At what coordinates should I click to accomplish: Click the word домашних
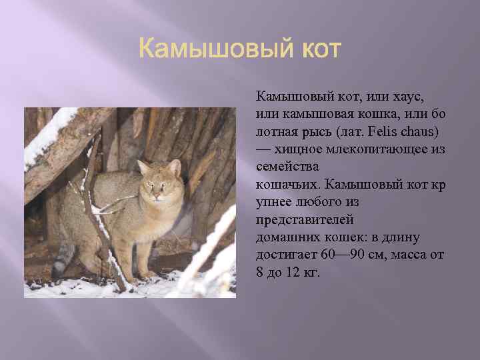(282, 237)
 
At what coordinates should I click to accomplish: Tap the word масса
(407, 255)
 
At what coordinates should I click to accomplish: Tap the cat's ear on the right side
(175, 166)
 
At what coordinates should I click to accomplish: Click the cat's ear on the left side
(142, 167)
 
